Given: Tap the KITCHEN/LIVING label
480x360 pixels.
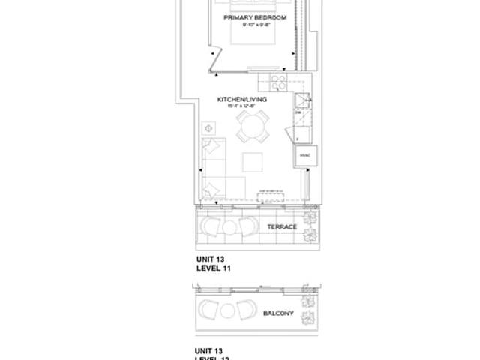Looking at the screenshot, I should point(241,98).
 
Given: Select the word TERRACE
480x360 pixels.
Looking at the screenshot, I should point(281,226).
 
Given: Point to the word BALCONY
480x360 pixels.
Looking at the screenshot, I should point(277,316).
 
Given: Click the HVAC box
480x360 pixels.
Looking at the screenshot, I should point(304,154).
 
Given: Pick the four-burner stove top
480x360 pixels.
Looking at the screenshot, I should point(277,82).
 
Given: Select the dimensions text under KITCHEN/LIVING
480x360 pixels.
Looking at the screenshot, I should point(241,106).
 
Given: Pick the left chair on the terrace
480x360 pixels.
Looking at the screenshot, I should point(210,226).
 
